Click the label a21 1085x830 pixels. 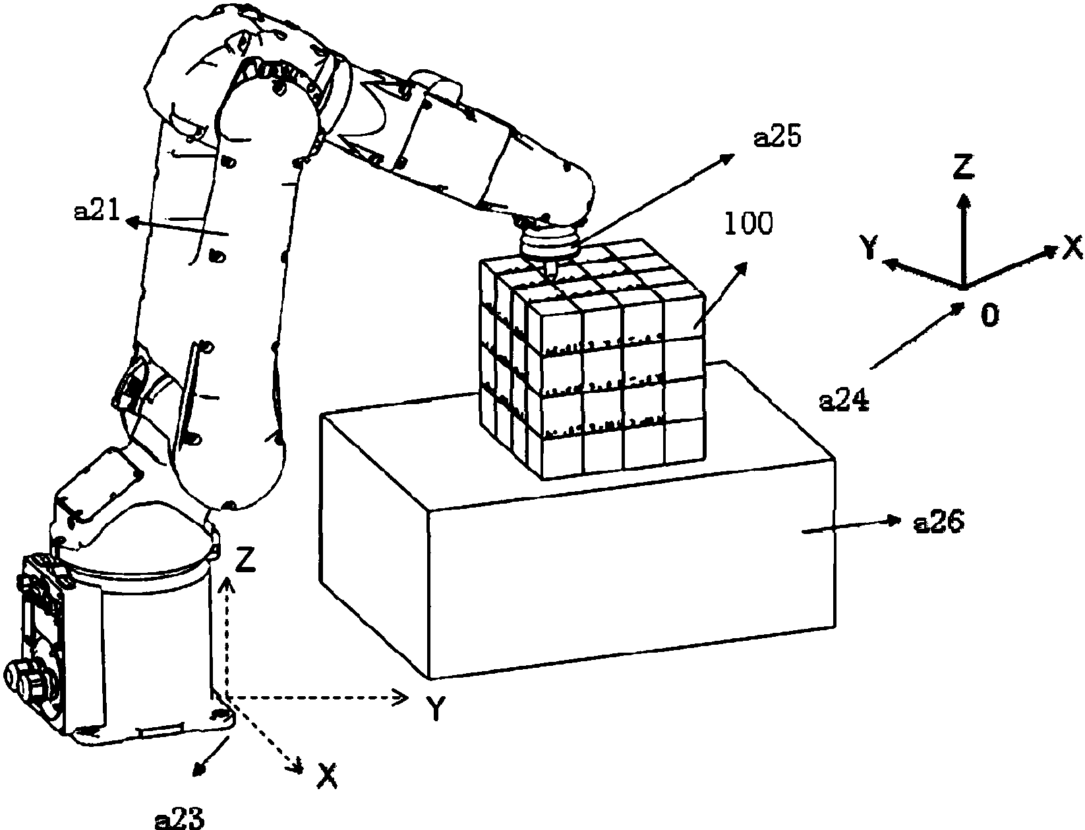97,211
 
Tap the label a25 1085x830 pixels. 777,137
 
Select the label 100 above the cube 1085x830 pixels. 748,223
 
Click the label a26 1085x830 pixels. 939,523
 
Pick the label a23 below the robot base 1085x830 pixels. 179,818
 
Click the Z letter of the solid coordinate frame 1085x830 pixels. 963,167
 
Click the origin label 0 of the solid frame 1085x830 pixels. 989,315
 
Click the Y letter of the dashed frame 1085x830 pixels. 436,709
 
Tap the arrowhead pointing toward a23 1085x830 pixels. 198,768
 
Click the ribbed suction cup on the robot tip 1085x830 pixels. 548,243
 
